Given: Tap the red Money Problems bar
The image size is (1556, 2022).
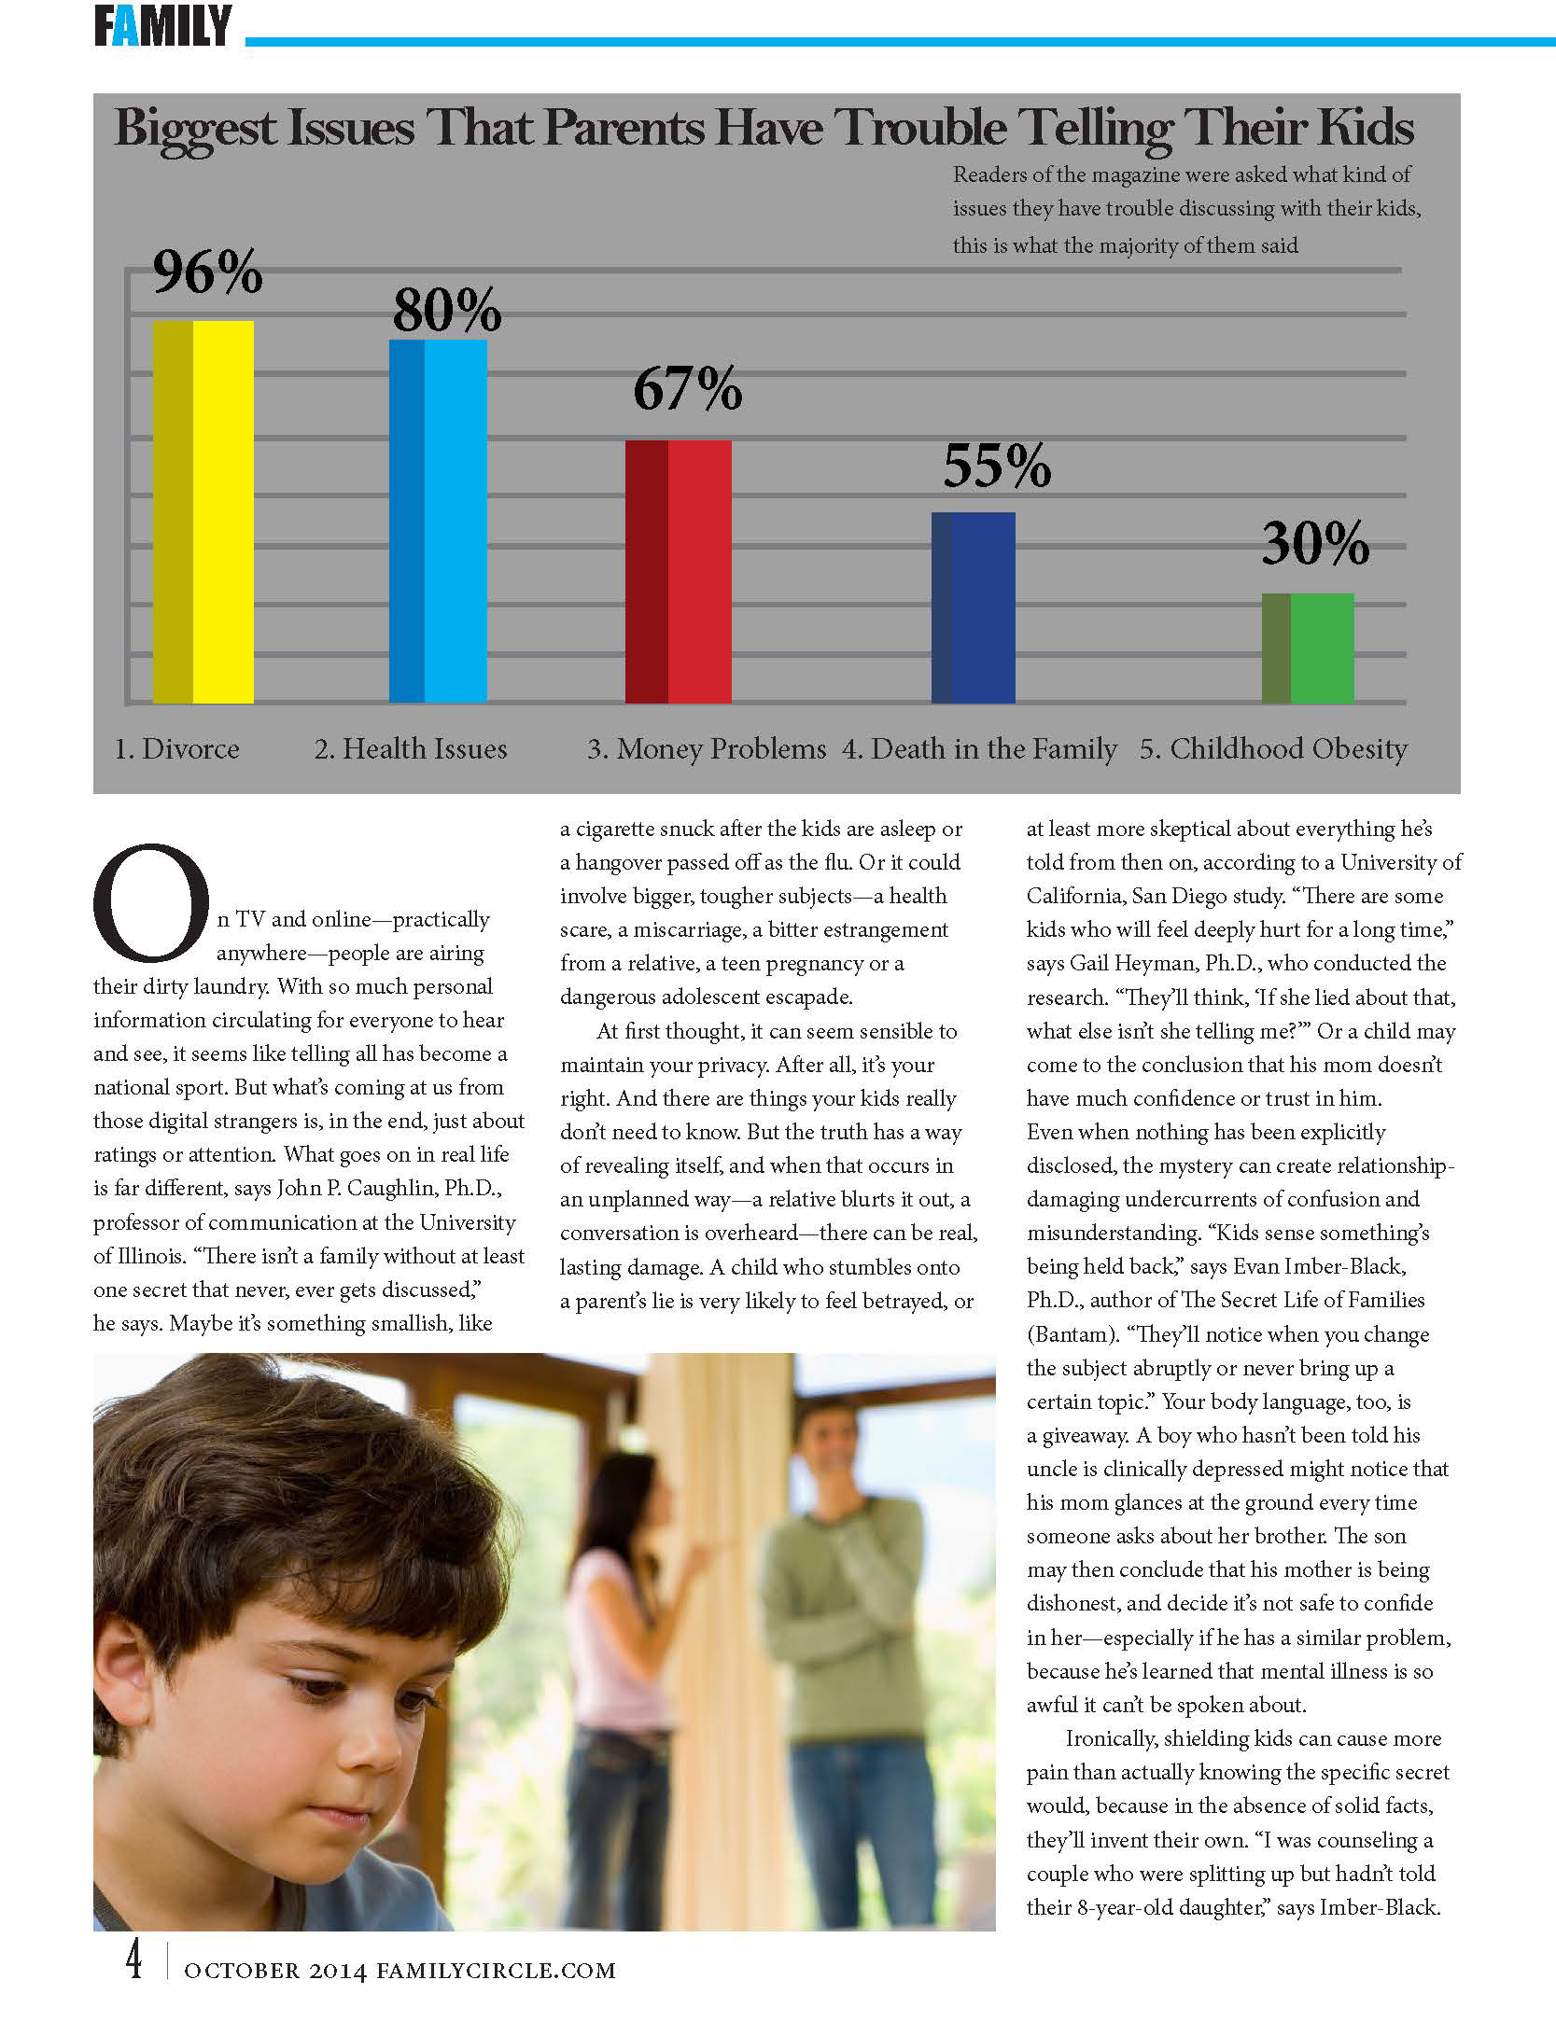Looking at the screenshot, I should pos(679,571).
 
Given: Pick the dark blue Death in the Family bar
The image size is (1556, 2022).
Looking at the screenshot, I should pos(974,607).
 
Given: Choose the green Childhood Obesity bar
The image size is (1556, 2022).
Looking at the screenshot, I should pos(1308,648).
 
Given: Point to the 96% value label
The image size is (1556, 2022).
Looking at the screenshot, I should pos(207,272).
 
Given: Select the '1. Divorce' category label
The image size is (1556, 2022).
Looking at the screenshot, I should pos(176,749).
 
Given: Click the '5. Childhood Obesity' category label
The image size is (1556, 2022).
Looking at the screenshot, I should pos(1273,749).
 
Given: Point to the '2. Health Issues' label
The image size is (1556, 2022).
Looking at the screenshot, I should pos(411,749).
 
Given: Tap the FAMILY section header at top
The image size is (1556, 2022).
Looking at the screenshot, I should pos(162,26).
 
